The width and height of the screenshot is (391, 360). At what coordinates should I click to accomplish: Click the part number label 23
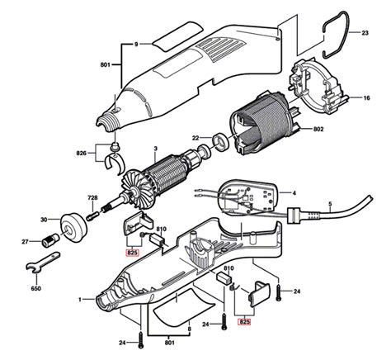click(x=365, y=33)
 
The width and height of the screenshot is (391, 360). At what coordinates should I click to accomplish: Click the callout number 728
click(x=92, y=199)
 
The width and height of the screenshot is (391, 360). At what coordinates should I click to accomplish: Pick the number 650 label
click(x=35, y=290)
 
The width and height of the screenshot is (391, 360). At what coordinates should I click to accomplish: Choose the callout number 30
click(x=42, y=220)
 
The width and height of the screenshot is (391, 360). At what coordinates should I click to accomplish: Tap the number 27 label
click(x=25, y=242)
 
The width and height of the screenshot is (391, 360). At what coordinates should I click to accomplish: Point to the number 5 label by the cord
click(x=330, y=204)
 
